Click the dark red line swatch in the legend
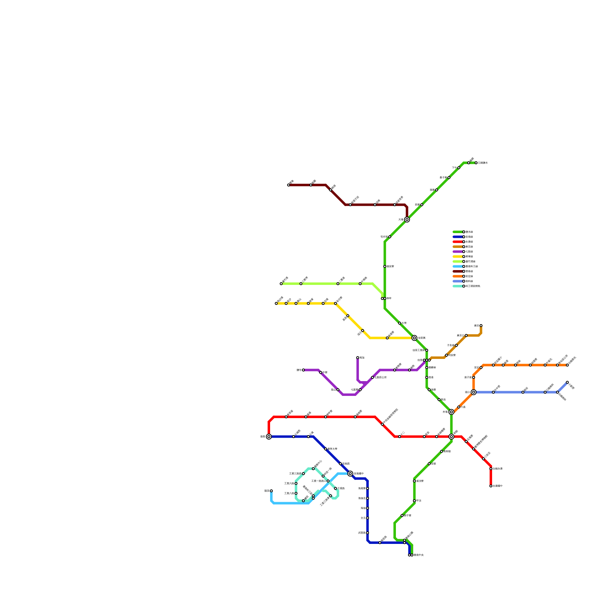(x=458, y=271)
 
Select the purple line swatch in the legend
(x=458, y=252)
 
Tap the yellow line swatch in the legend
(x=458, y=256)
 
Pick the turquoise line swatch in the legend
(x=458, y=286)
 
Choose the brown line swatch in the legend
(x=458, y=247)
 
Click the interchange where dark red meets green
(x=407, y=220)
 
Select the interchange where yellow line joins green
(x=414, y=338)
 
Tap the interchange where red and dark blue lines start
(x=269, y=437)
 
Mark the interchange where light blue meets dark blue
(x=350, y=474)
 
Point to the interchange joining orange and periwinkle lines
(x=474, y=392)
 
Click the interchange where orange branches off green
(x=451, y=412)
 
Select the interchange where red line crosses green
(x=451, y=437)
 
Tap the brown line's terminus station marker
(x=481, y=326)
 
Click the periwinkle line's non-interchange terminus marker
(x=567, y=382)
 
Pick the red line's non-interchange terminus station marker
(x=491, y=486)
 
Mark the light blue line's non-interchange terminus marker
(x=271, y=491)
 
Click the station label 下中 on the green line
(x=454, y=168)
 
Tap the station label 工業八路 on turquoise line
(x=289, y=493)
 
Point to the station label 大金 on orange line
(x=463, y=407)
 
